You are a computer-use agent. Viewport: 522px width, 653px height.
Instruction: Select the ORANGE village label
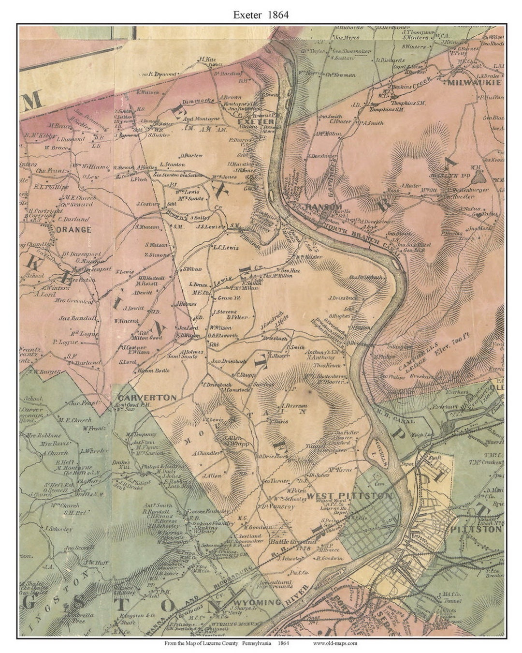coord(73,230)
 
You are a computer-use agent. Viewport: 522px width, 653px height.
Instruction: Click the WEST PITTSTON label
coord(350,496)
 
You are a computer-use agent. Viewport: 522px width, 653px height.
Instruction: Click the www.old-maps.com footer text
coord(334,643)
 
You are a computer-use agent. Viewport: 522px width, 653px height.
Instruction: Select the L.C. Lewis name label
coord(225,247)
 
